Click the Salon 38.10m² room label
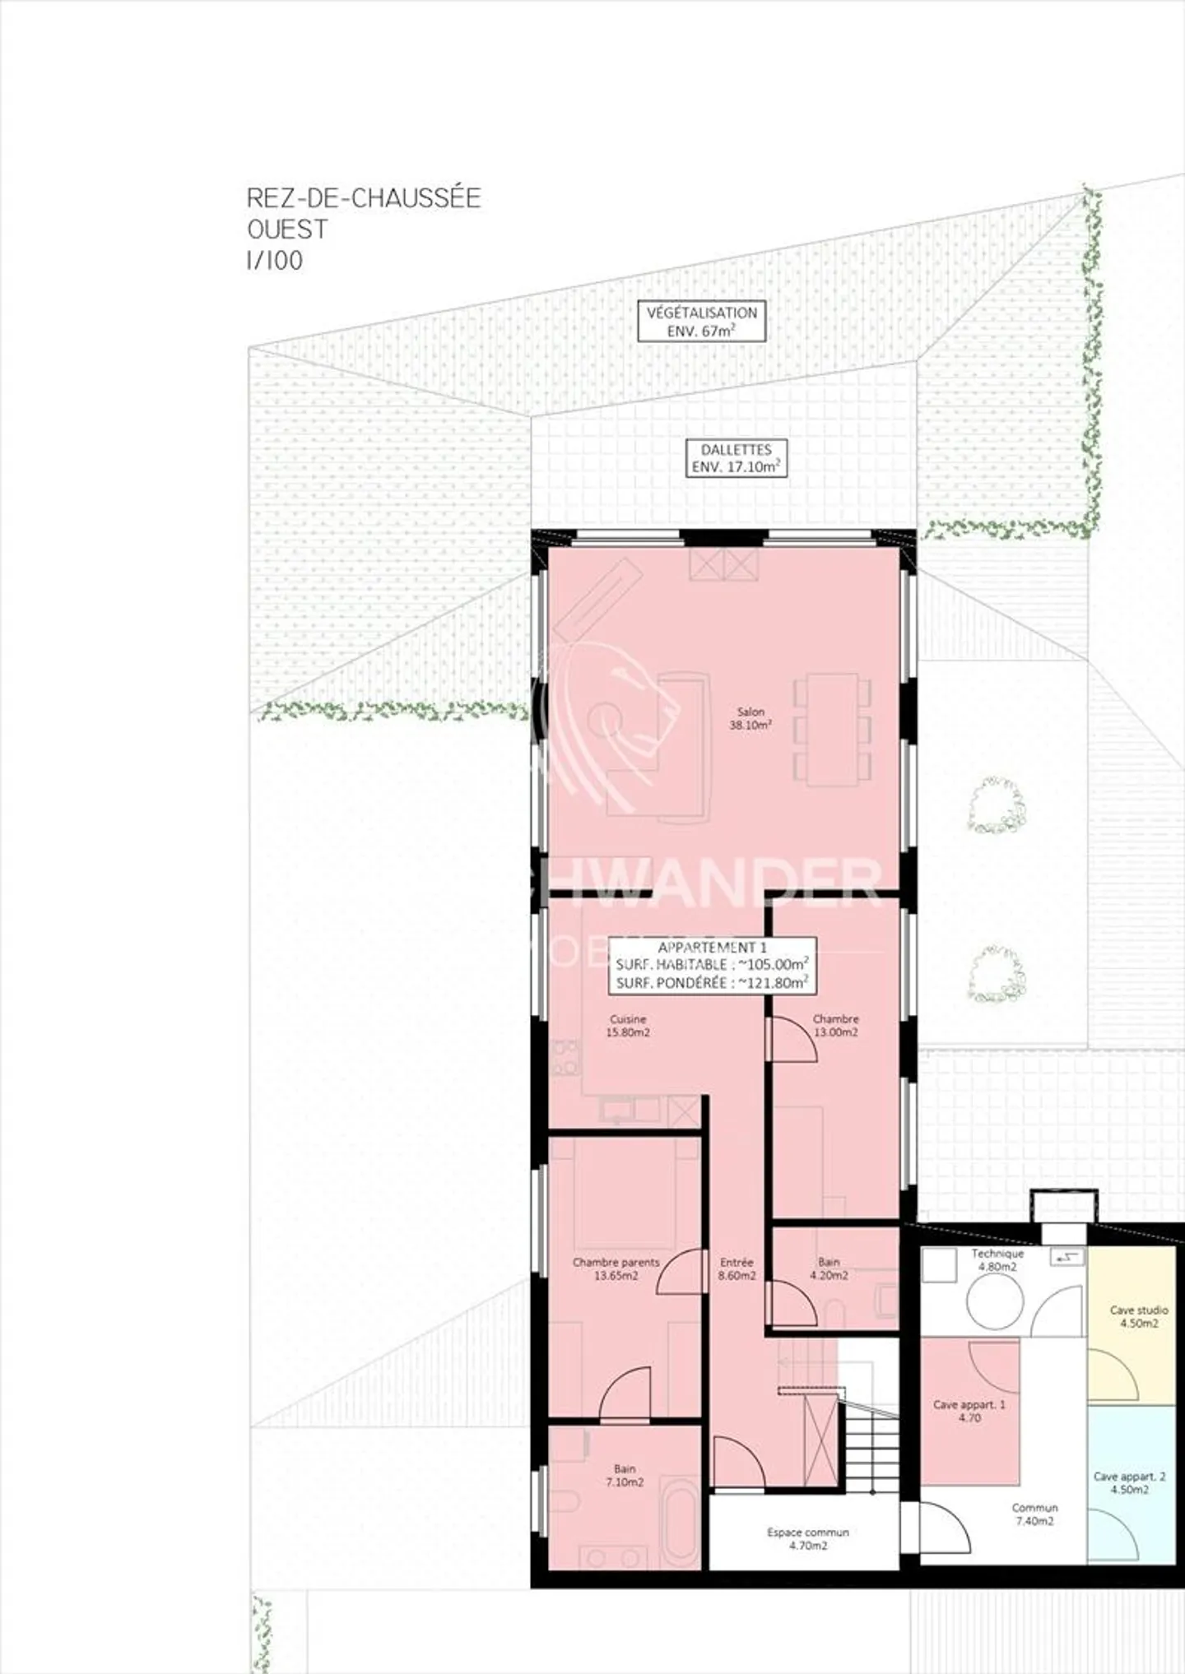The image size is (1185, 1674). coord(750,718)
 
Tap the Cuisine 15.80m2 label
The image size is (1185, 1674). coord(628,1025)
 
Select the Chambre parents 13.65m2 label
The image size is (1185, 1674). coord(616,1268)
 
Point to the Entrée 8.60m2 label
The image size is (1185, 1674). coord(737,1268)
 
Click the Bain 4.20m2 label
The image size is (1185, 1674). coord(829,1268)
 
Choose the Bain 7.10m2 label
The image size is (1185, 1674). coord(625,1475)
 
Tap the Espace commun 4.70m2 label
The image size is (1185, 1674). coord(807,1539)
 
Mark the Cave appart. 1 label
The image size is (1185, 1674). coord(969,1411)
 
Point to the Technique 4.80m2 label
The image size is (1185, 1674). coord(997,1260)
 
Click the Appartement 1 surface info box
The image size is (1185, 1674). coord(712,965)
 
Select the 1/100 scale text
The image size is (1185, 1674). coord(275,261)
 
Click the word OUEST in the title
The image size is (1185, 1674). coord(287,230)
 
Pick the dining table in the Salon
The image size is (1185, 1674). coord(832,729)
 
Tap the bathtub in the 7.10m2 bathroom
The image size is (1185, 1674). coord(681,1522)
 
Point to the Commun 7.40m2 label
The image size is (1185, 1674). coord(1034,1514)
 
